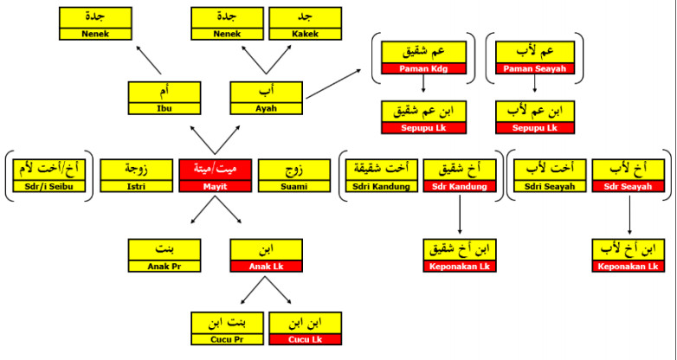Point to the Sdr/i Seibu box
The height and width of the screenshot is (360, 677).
(x=49, y=177)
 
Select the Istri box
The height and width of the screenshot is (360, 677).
(x=135, y=177)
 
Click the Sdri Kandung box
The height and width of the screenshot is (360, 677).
(x=381, y=177)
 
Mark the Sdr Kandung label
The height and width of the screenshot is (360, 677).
(x=460, y=187)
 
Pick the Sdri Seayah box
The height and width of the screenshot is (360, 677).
(x=550, y=177)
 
